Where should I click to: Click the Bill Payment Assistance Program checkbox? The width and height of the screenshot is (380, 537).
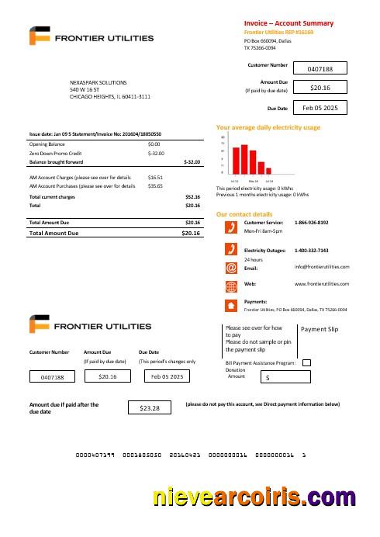point(306,362)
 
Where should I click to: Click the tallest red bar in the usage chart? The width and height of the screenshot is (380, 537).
point(244,158)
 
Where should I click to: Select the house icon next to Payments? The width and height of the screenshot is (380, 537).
point(230,305)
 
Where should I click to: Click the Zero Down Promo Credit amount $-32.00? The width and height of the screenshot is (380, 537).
point(156,154)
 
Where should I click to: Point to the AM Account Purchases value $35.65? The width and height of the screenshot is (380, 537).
point(155,186)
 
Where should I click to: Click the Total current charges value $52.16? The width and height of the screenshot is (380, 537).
point(192,197)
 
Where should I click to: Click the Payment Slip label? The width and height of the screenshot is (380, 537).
point(319,330)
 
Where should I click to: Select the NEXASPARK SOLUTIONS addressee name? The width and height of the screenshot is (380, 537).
point(98,82)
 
